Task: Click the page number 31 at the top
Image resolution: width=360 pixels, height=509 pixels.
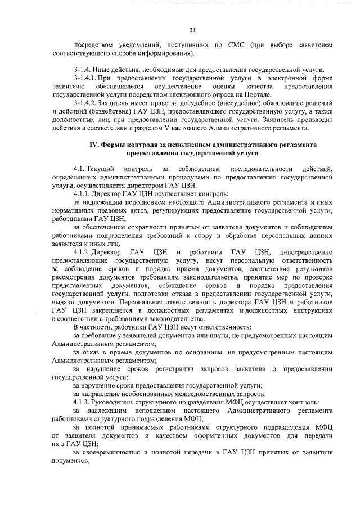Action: click(x=192, y=30)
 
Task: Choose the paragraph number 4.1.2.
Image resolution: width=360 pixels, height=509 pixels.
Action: click(x=85, y=253)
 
